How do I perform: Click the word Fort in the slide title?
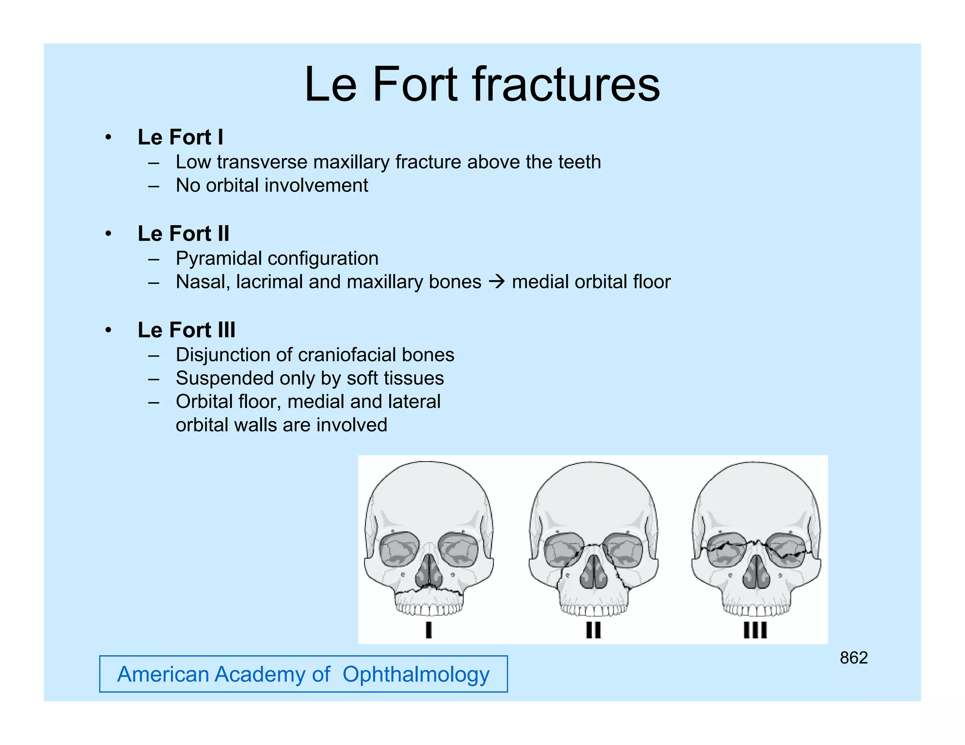[x=415, y=85]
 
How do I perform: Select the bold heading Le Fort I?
[x=180, y=138]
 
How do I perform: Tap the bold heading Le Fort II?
[x=183, y=234]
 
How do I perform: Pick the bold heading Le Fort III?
[x=186, y=330]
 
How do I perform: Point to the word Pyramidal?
[x=219, y=259]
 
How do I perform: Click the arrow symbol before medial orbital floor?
[x=497, y=282]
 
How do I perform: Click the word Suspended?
[x=218, y=379]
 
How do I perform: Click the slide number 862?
[x=853, y=658]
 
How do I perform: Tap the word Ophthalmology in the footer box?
[x=416, y=674]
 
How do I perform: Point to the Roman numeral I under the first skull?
[x=428, y=630]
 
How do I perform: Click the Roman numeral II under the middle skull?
[x=593, y=630]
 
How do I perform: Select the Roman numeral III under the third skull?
[x=755, y=630]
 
